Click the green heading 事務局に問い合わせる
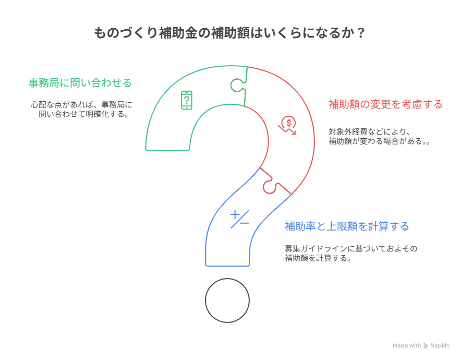tap(80, 83)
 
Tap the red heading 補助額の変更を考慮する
tap(385, 104)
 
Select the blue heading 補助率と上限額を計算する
tap(346, 226)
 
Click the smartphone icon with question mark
tap(187, 100)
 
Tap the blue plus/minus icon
tap(239, 219)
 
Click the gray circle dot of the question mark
tap(227, 301)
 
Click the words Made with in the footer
tap(407, 345)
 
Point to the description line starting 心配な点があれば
tap(81, 104)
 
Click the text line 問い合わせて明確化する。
tap(84, 114)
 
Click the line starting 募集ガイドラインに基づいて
tap(350, 248)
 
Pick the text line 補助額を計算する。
tap(317, 258)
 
